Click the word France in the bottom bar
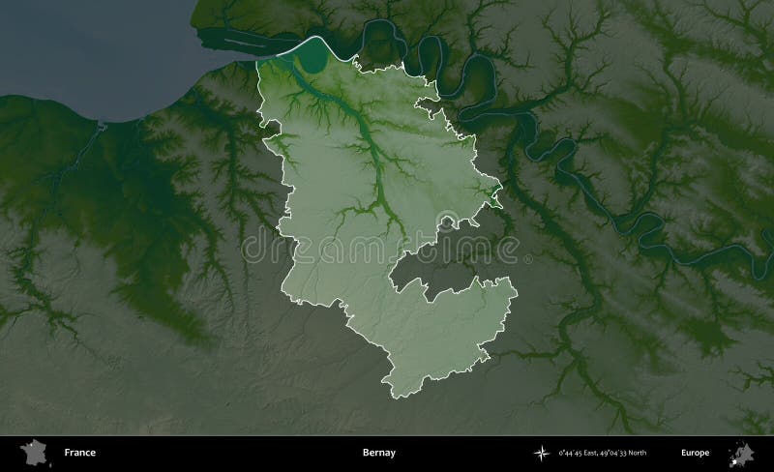[x=79, y=453]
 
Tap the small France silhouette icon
[x=36, y=452]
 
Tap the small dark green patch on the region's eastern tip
[x=494, y=198]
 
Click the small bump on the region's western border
[x=270, y=127]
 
